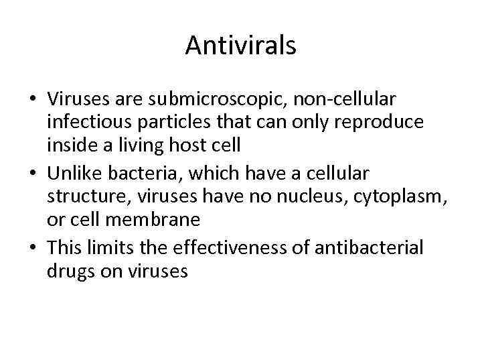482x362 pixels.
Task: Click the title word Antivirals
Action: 241,46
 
